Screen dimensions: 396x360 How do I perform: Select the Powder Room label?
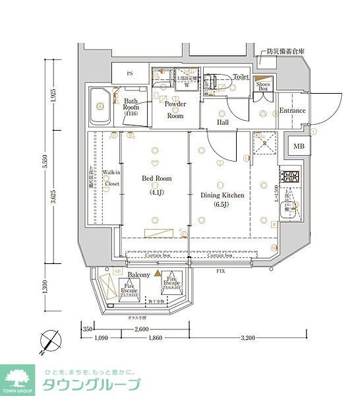tap(175, 110)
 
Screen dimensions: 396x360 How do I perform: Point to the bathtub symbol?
tap(102, 105)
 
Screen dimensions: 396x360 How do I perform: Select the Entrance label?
tap(292, 110)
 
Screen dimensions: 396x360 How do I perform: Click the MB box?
tap(299, 147)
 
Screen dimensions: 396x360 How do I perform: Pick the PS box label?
tap(129, 73)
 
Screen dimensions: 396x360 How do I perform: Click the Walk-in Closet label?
tap(110, 179)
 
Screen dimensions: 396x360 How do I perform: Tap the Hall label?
tap(223, 121)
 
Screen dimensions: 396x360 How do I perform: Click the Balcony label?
tap(138, 274)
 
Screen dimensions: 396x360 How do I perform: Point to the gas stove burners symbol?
tap(289, 177)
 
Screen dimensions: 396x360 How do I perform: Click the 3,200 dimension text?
tap(247, 338)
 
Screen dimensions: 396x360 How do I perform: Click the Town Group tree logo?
tap(18, 377)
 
